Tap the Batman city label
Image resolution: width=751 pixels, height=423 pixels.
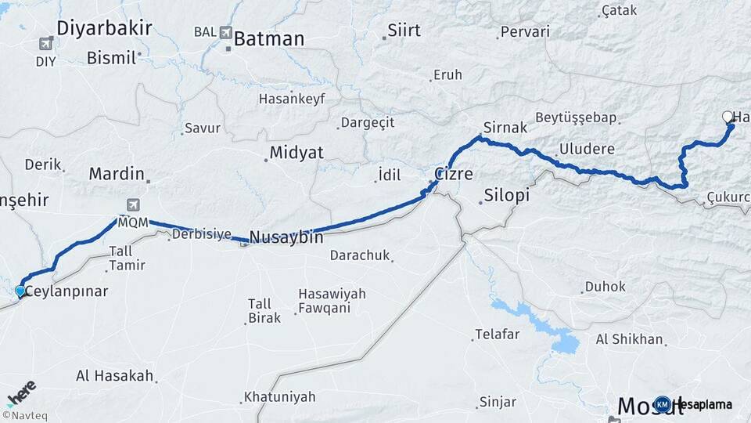pyautogui.click(x=268, y=38)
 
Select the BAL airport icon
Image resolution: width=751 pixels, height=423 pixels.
pyautogui.click(x=227, y=33)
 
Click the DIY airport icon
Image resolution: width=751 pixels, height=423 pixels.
pyautogui.click(x=46, y=44)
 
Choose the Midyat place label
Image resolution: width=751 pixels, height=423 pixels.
pyautogui.click(x=296, y=153)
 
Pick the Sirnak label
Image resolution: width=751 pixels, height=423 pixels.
pyautogui.click(x=501, y=127)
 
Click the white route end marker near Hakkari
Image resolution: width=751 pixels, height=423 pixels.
pyautogui.click(x=728, y=117)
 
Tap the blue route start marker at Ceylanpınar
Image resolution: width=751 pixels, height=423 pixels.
pyautogui.click(x=20, y=291)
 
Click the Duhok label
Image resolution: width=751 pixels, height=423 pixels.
pyautogui.click(x=607, y=287)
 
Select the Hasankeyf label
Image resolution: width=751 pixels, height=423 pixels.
pyautogui.click(x=291, y=99)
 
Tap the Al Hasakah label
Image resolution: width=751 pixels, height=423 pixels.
pyautogui.click(x=114, y=375)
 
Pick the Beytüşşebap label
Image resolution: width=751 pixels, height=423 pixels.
pyautogui.click(x=576, y=117)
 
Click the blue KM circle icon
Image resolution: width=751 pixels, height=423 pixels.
pyautogui.click(x=663, y=404)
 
